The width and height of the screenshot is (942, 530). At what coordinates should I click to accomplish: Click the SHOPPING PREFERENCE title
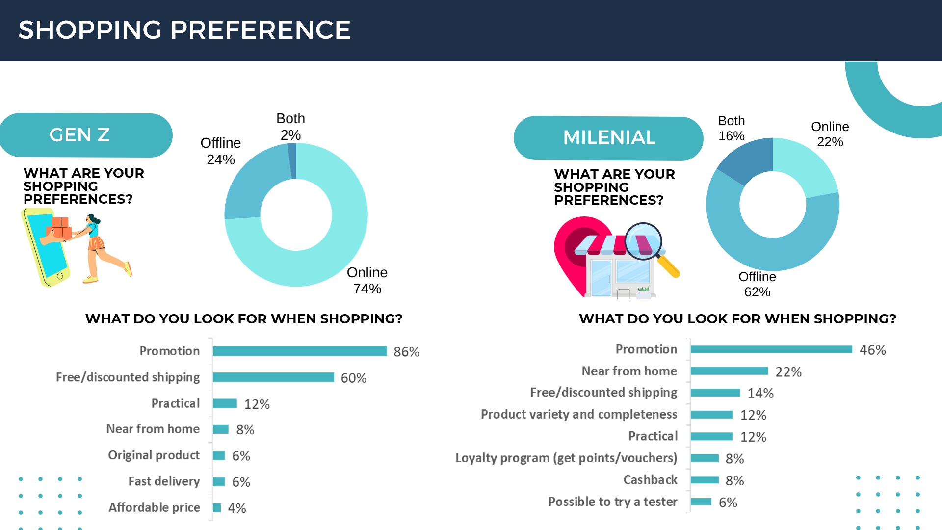184,30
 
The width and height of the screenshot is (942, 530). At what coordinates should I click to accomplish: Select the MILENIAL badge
608,138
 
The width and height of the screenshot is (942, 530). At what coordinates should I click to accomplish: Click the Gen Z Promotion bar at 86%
299,351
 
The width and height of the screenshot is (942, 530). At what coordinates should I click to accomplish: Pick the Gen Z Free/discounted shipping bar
273,377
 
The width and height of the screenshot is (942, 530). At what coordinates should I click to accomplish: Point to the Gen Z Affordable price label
154,507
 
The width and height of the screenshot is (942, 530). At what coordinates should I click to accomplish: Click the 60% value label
353,378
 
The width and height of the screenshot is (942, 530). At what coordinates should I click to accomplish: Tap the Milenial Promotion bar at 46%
771,349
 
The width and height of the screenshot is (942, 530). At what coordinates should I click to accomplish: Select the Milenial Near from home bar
729,371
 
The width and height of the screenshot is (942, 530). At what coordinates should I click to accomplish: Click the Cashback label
650,480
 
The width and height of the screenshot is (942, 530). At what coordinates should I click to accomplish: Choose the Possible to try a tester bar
701,502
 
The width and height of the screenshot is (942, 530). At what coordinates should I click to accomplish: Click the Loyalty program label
566,458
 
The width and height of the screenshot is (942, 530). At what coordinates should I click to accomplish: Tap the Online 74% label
367,280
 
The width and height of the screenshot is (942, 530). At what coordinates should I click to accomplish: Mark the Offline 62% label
757,284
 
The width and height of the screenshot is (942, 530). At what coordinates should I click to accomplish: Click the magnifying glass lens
643,241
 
